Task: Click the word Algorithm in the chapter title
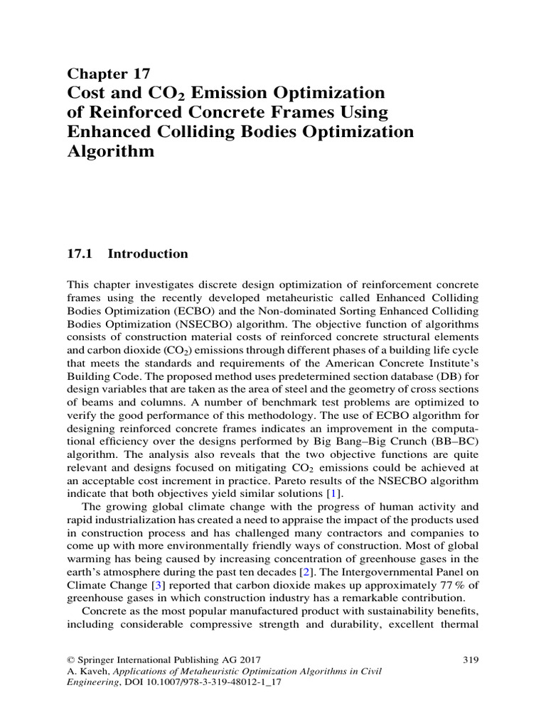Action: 110,152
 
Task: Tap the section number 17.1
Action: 80,254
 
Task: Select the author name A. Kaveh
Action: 86,673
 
